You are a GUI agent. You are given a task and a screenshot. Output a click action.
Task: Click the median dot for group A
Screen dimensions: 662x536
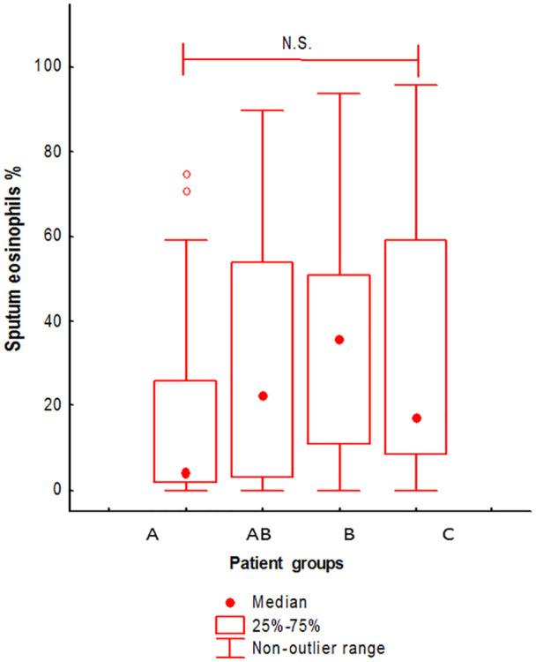[185, 473]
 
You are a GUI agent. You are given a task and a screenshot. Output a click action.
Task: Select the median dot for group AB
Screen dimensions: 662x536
[263, 395]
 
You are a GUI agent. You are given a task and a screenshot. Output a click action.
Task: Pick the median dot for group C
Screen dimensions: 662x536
[416, 418]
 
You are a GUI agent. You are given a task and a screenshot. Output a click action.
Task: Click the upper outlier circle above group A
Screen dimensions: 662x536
[186, 174]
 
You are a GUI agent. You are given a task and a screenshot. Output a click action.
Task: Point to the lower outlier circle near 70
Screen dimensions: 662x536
[186, 191]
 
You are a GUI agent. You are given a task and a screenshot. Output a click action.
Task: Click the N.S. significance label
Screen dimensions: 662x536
[301, 41]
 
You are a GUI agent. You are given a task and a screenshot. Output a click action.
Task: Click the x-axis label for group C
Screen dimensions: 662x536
[414, 535]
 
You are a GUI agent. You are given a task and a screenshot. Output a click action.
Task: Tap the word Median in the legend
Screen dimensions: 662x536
[279, 603]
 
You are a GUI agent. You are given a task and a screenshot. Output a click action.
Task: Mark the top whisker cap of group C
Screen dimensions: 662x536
[416, 85]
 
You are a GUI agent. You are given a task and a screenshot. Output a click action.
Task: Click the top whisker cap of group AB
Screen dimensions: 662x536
[263, 110]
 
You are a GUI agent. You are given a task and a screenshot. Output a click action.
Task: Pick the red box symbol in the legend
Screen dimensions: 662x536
[230, 624]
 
